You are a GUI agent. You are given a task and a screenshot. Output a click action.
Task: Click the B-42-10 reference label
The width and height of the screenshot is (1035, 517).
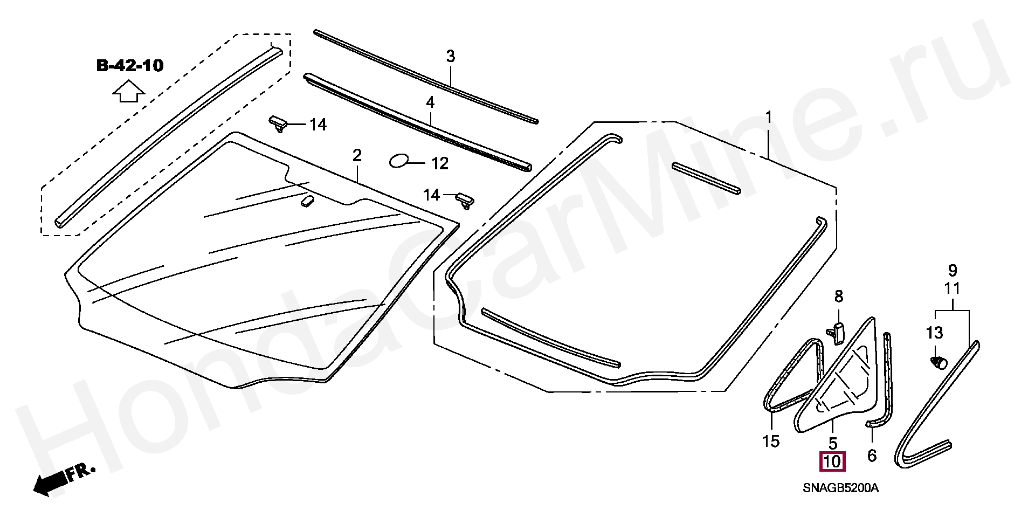(129, 66)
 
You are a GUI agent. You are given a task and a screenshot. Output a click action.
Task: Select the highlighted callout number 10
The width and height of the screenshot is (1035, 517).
(832, 462)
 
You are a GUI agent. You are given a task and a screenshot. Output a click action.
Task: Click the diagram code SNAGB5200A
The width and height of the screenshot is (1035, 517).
(840, 488)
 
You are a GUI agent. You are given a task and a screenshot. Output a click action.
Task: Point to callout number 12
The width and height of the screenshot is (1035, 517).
(440, 163)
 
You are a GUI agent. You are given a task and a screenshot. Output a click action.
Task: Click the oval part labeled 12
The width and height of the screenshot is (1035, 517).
(399, 160)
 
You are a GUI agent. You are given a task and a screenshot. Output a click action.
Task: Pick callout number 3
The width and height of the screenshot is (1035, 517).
(451, 56)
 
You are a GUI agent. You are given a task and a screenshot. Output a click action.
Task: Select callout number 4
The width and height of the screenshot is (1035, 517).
(430, 102)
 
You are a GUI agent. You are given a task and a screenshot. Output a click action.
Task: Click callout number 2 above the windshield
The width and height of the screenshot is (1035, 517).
(357, 155)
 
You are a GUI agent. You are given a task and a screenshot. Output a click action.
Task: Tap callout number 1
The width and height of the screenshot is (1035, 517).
(769, 117)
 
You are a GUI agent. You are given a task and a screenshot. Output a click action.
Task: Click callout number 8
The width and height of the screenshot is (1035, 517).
(839, 296)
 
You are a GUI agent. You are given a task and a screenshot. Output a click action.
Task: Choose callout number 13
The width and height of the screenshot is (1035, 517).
(934, 333)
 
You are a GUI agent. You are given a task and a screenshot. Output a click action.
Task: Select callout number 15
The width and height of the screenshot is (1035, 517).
(771, 442)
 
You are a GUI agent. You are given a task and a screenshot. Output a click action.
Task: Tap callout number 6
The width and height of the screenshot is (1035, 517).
(872, 456)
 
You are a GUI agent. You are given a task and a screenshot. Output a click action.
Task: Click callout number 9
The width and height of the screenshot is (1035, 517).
(953, 270)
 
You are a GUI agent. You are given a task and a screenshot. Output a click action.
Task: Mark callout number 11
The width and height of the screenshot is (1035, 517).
(953, 288)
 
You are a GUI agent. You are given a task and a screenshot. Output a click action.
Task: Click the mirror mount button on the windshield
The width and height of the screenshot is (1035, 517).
(307, 201)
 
